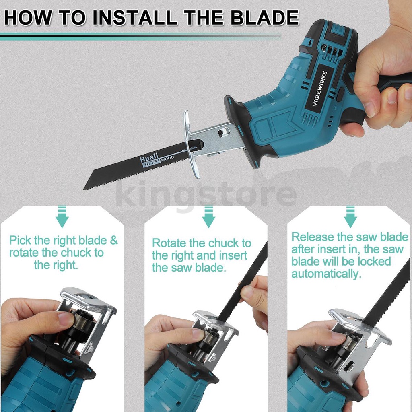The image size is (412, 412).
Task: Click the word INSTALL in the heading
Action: click(x=135, y=18)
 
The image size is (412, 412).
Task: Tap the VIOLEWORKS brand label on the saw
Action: click(x=319, y=89)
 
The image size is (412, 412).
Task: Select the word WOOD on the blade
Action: click(x=167, y=159)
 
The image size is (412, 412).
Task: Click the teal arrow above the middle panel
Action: click(x=208, y=217)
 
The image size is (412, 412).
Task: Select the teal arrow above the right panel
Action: click(x=350, y=217)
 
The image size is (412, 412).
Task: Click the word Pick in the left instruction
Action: click(x=20, y=241)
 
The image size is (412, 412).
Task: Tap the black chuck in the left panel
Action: click(x=82, y=322)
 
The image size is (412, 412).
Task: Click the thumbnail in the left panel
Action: click(x=66, y=319)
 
